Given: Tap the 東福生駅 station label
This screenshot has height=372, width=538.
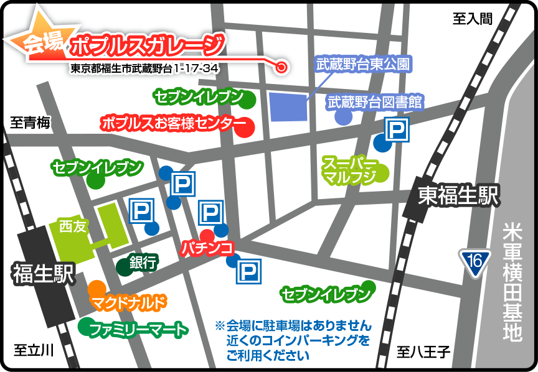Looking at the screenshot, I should tap(459, 197).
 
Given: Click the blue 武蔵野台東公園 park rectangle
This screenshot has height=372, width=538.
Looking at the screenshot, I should tap(288, 106).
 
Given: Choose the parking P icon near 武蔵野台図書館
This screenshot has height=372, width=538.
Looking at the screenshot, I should tap(396, 129).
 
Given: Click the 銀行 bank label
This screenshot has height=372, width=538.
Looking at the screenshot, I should tap(143, 262).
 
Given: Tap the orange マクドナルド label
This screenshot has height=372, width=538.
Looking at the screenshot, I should tap(130, 303).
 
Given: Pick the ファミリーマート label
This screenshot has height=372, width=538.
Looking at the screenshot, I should tap(138, 328).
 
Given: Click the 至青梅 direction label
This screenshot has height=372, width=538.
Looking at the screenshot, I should tap(29, 123).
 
